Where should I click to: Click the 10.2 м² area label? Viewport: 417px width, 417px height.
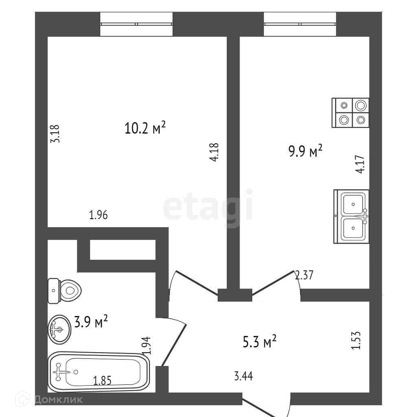145,128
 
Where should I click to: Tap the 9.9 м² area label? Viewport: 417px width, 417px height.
305,152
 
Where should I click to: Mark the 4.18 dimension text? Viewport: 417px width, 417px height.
215,153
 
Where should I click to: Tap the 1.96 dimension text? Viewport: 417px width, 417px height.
98,215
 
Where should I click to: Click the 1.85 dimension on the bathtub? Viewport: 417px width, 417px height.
102,381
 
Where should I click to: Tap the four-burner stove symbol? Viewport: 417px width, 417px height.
351,113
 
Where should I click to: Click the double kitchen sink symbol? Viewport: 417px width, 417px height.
351,217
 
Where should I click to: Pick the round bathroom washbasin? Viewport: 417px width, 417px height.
59,329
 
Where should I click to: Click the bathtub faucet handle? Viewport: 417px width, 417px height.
59,372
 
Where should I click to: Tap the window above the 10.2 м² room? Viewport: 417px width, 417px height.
136,24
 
